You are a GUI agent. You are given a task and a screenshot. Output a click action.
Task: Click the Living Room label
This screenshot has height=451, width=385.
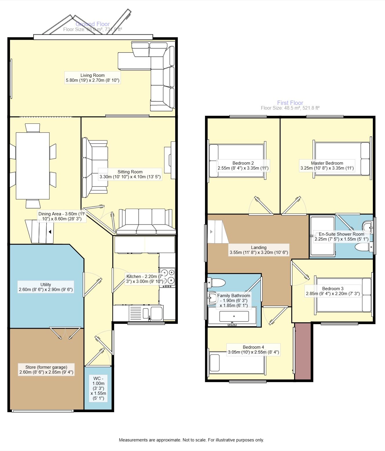coord(92,75)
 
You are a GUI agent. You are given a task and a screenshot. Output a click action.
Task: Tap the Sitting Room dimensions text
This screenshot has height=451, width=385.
coord(130,177)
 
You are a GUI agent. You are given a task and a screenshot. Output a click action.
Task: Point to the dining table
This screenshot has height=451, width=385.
coord(33,166)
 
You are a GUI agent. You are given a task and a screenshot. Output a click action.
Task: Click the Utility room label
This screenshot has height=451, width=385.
coord(45,285)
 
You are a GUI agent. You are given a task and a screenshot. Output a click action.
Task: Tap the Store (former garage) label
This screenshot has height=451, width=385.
coord(46,367)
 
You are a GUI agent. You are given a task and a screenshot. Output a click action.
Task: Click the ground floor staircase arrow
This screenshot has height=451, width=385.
coord(50,232)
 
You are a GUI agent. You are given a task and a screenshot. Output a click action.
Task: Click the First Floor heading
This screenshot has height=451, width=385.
coord(290,103)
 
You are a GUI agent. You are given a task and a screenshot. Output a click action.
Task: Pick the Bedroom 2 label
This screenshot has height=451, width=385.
coord(243,163)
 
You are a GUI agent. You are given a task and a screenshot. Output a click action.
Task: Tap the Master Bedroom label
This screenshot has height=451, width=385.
coord(327,163)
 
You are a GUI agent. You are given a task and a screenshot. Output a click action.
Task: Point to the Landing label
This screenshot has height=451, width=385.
coord(258,248)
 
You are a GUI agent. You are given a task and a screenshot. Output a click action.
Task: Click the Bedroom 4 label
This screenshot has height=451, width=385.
coord(253,347)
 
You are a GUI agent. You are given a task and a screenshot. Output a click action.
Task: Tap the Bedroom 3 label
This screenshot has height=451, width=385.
coord(333,289)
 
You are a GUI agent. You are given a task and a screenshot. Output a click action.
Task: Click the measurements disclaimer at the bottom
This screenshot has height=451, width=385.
coord(191,440)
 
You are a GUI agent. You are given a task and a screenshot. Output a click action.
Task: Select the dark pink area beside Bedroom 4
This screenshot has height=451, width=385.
coord(303,351)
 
